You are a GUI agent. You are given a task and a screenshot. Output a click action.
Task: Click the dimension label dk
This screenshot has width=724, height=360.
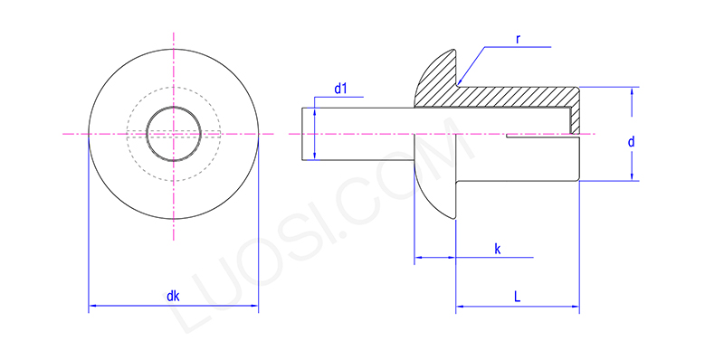click(x=173, y=295)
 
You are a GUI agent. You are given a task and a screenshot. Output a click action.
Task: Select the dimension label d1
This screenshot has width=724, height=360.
click(x=341, y=89)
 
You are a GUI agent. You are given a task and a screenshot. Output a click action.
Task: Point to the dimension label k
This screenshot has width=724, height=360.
click(x=498, y=248)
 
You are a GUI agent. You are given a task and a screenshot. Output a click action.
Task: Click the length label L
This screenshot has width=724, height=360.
click(x=516, y=296)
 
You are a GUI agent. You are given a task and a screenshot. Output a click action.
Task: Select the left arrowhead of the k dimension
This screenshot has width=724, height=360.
click(x=417, y=260)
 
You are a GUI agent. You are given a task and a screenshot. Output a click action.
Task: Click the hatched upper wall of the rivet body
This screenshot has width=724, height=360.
click(x=516, y=97)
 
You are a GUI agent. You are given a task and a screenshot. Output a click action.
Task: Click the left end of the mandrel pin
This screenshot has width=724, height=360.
click(x=301, y=134)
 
